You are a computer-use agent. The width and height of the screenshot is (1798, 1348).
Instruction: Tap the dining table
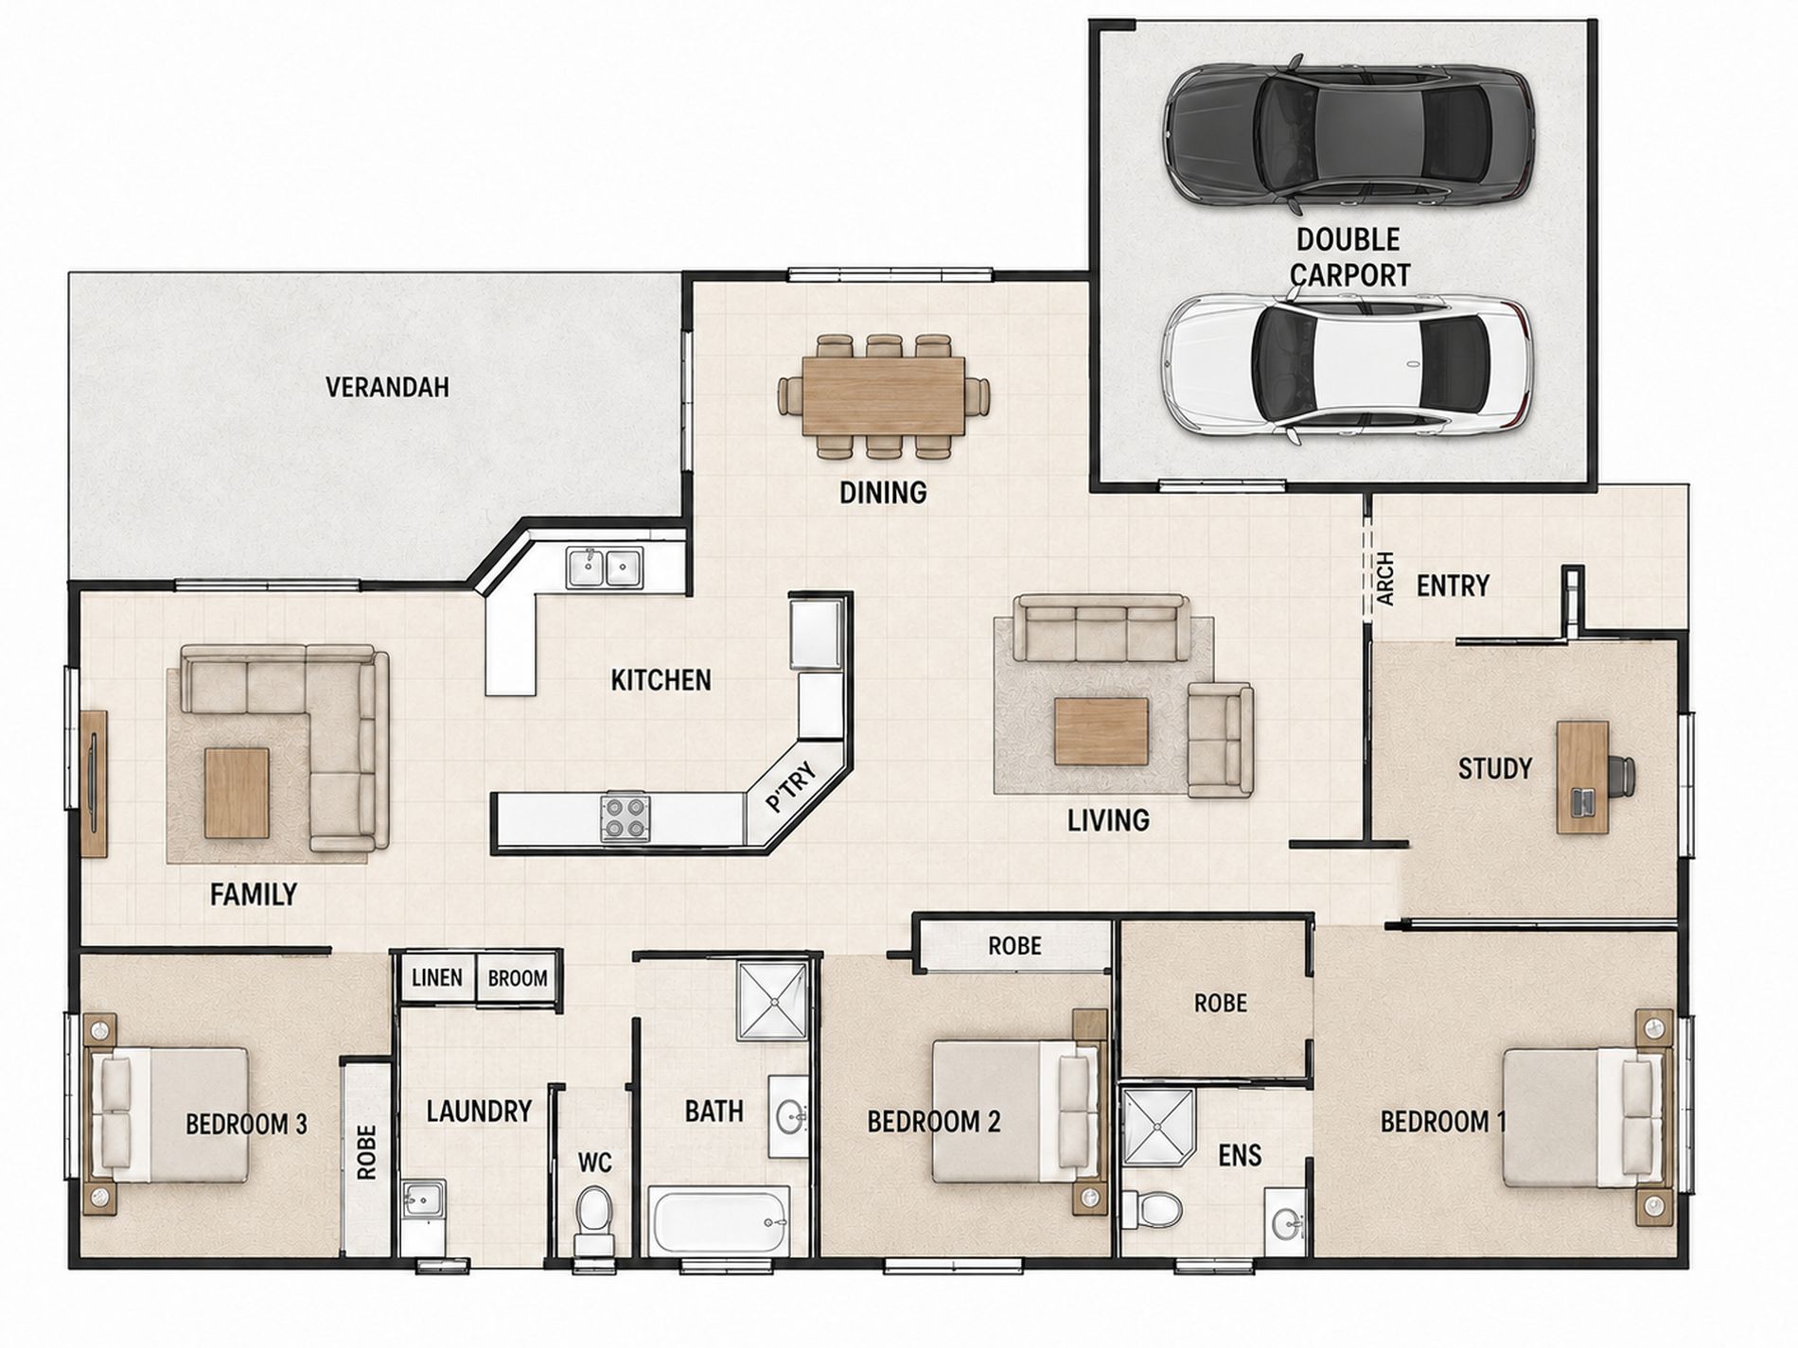coord(884,395)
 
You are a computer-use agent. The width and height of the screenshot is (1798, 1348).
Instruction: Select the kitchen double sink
coord(605,568)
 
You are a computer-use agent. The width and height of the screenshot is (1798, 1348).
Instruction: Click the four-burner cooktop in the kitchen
coord(626,817)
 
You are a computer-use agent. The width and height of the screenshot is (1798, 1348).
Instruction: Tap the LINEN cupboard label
coord(436,976)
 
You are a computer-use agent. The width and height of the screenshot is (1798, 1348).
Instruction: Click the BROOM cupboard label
coord(518,978)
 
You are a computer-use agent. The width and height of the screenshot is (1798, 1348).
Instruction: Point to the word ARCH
coord(1385,579)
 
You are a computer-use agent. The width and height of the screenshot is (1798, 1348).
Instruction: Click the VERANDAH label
coord(387,387)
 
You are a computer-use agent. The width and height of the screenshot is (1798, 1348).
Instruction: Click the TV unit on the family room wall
coord(94,783)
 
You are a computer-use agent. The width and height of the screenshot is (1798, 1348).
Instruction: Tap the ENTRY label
coord(1453,586)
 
